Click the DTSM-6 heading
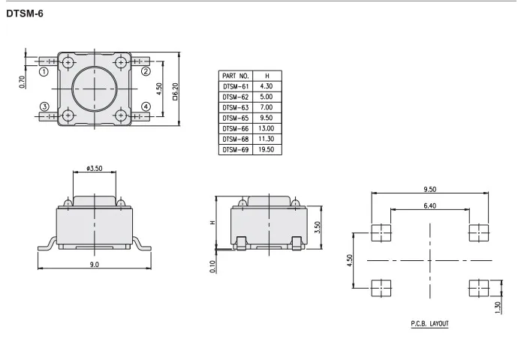point(25,13)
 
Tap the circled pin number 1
point(44,71)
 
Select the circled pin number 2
point(146,71)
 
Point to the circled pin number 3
point(44,106)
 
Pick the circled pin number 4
point(146,106)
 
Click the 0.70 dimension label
point(23,82)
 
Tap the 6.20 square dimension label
point(175,91)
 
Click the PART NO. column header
point(236,76)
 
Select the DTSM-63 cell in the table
point(236,108)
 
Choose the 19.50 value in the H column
point(267,149)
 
